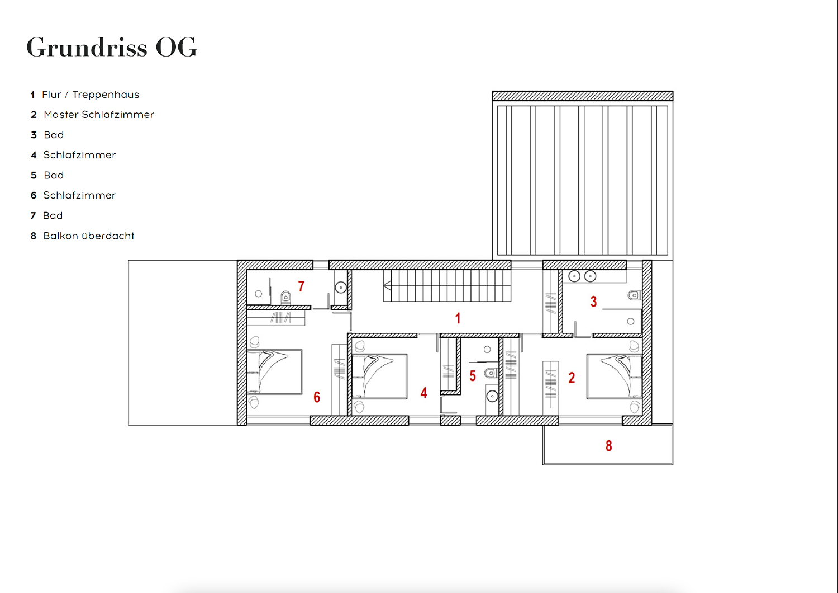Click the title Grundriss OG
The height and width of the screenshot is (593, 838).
pos(112,47)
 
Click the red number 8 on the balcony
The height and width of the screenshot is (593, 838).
pos(609,446)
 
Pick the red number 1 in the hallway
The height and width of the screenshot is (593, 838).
pos(458,318)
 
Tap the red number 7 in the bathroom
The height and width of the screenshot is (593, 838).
pos(301,286)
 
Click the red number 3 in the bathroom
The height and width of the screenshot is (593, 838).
pos(593,302)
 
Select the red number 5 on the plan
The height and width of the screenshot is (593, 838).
pos(473,376)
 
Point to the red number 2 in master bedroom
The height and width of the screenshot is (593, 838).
pos(572,378)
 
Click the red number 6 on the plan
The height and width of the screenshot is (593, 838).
pos(317,397)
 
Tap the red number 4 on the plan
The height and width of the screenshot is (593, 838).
pos(423,393)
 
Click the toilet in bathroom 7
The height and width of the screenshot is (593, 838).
pos(285,298)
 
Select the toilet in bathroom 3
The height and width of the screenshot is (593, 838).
pos(635,295)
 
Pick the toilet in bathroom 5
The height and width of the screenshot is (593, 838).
pos(491,373)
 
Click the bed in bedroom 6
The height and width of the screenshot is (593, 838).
pos(275,371)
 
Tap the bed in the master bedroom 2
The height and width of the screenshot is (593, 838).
pos(615,376)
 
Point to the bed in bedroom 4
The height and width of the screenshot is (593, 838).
pos(380,376)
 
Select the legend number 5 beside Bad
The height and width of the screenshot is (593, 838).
pos(34,175)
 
